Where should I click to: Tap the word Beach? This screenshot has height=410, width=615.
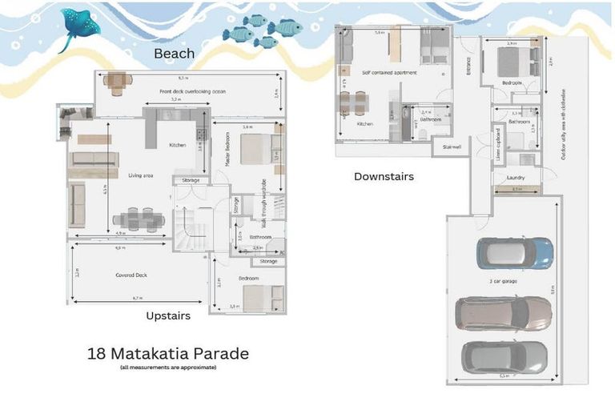click(174, 54)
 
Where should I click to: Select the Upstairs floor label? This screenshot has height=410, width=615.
click(168, 316)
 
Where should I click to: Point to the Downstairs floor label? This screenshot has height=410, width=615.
click(384, 176)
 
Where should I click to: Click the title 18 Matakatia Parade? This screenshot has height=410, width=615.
click(168, 353)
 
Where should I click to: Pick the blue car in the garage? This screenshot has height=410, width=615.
click(514, 254)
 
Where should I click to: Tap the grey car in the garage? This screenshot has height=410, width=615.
click(504, 357)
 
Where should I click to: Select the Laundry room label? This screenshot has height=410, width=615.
click(516, 179)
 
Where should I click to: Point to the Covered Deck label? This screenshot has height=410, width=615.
click(131, 275)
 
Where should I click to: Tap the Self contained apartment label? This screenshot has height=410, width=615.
click(389, 73)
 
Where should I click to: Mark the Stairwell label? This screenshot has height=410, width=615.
click(451, 147)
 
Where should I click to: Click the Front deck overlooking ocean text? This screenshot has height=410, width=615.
click(192, 91)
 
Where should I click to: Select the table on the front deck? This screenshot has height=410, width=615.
click(118, 81)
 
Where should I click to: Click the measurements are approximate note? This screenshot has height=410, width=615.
click(168, 368)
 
